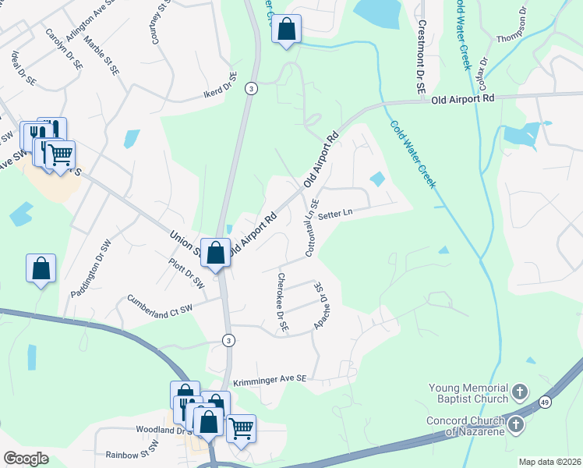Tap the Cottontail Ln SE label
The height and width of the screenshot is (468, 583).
click(313, 228)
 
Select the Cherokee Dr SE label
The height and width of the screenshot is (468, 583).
click(281, 303)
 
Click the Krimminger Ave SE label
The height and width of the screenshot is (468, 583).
click(271, 378)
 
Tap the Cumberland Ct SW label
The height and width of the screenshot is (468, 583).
click(159, 304)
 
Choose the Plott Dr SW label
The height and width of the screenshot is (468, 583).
click(185, 273)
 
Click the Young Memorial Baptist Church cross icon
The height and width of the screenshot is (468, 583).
click(521, 391)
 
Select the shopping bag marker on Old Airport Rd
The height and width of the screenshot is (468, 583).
click(216, 253)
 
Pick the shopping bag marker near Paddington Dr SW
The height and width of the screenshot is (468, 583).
click(41, 268)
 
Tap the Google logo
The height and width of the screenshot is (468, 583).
click(26, 459)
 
